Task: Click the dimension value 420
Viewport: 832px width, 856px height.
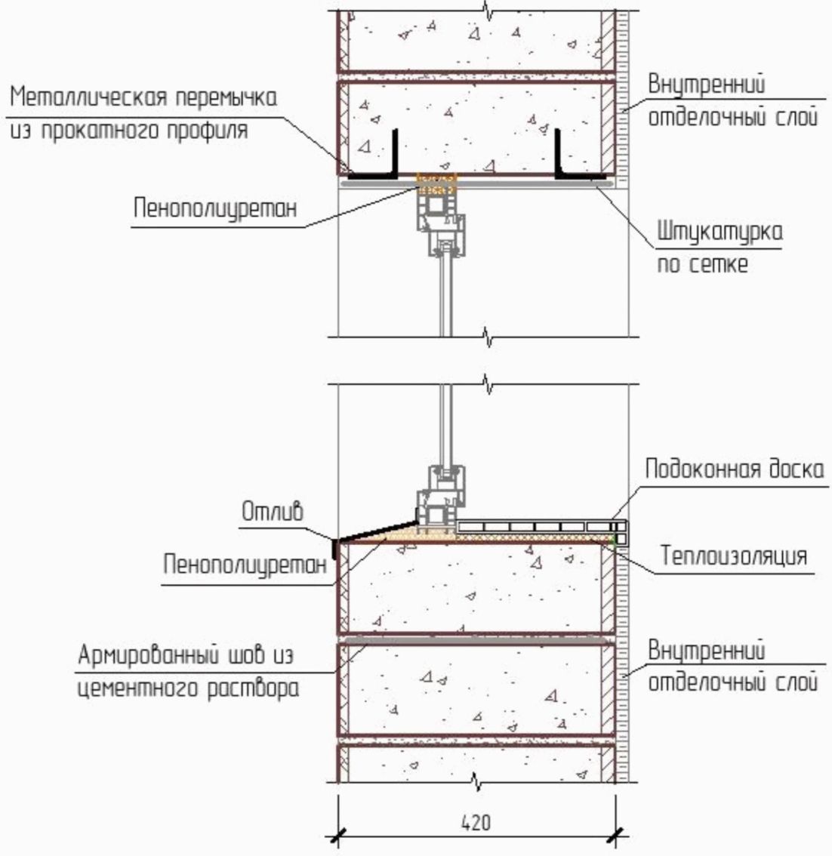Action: click(476, 821)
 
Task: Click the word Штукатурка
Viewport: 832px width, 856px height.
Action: click(719, 232)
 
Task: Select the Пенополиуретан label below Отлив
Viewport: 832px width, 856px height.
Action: click(248, 566)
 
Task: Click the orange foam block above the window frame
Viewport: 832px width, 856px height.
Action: click(437, 183)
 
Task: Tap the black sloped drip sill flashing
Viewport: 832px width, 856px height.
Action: click(374, 529)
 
